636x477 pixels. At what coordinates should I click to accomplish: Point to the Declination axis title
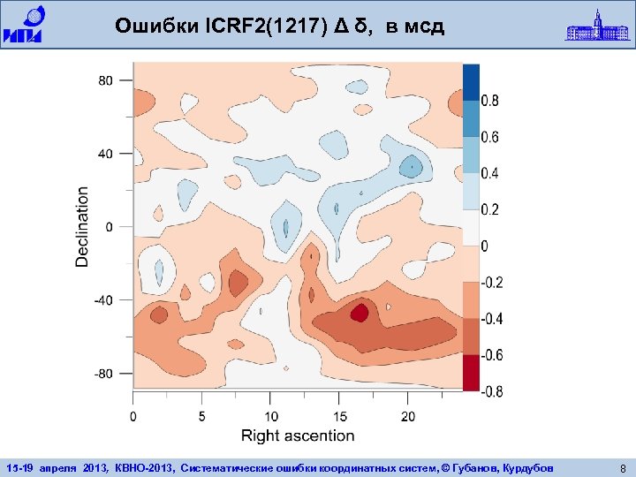pos(82,226)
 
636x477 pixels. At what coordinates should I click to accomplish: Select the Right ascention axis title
pos(298,435)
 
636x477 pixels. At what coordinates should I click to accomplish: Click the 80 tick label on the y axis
pos(105,80)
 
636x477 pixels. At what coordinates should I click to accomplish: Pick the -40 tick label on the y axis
pos(102,300)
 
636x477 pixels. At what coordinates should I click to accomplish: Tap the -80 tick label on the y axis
pos(102,374)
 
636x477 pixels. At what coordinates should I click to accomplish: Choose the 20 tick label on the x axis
pos(407,415)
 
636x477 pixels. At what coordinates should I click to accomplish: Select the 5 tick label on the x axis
pos(202,415)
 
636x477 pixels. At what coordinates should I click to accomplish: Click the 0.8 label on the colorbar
pos(489,101)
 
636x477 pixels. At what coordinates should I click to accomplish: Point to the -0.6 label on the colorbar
pos(491,354)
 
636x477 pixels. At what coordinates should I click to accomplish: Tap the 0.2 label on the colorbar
pos(489,209)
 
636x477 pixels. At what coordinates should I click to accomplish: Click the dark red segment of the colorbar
pos(471,372)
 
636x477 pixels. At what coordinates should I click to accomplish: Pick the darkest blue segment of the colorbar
pos(471,82)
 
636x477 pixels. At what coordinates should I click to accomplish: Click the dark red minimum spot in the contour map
pos(360,313)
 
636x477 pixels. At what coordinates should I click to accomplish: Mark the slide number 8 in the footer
pos(623,466)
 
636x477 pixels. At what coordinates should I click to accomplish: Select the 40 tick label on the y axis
pos(105,154)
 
